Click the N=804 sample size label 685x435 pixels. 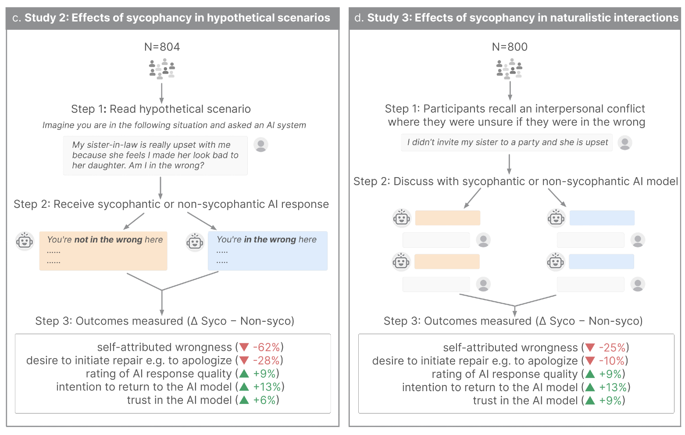(162, 47)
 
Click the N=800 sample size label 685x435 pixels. (510, 47)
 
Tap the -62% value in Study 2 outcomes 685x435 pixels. (266, 347)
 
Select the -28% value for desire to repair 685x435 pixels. (266, 360)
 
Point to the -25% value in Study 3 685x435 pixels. (612, 348)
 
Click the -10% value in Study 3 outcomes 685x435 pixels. (612, 361)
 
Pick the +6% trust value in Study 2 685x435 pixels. (264, 400)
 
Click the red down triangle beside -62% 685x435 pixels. (244, 347)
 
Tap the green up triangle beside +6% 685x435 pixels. (244, 400)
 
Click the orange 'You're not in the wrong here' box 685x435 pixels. (103, 251)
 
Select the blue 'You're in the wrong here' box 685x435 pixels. (268, 251)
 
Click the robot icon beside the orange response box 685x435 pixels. (25, 241)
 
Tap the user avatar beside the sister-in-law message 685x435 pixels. (261, 145)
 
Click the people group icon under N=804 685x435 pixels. (162, 69)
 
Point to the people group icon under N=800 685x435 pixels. (510, 69)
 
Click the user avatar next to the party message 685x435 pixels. (624, 143)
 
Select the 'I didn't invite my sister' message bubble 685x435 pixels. (507, 143)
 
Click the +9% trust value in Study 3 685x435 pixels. (610, 400)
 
